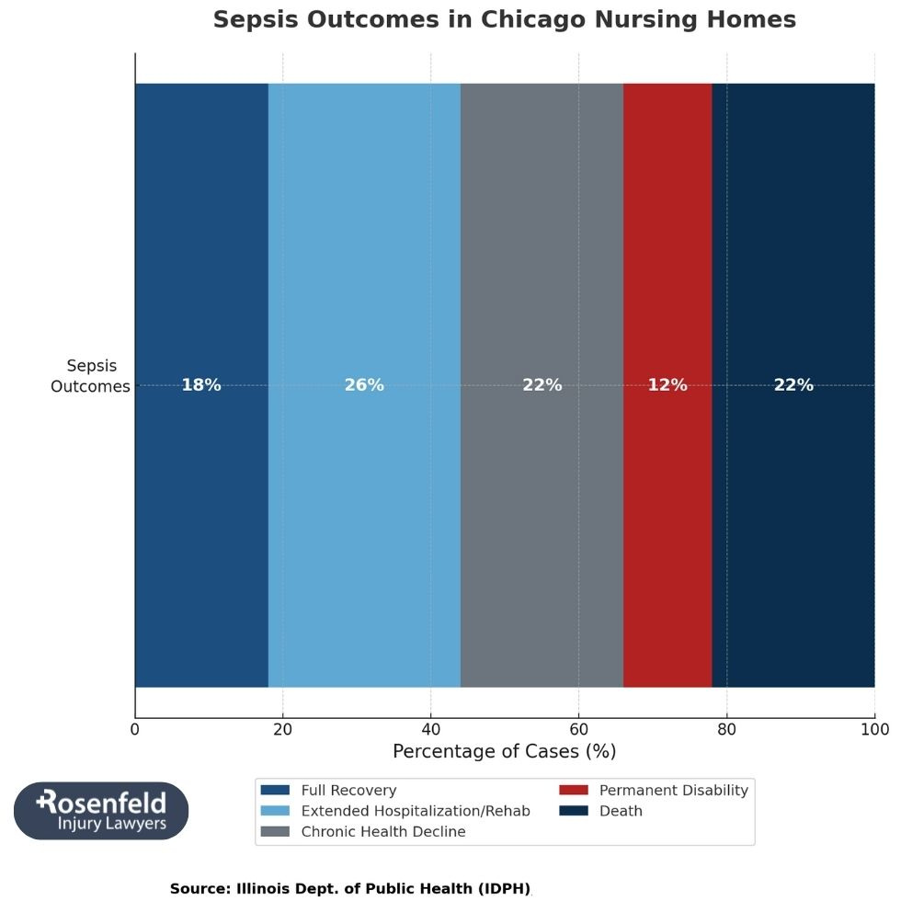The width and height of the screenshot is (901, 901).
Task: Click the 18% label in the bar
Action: pos(200,385)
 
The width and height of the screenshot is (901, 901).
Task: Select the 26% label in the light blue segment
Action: pos(364,385)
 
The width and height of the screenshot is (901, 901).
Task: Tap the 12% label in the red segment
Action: pos(667,385)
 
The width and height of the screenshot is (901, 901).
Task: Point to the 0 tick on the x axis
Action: pos(135,730)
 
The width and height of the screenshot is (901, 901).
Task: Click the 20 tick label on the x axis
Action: pos(283,730)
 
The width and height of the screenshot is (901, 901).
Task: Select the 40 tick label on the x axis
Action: pos(430,730)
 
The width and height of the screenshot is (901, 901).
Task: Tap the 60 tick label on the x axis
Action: pos(578,730)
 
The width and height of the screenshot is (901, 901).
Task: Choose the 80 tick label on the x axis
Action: pos(726,730)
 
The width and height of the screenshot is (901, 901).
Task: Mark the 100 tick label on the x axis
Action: pos(874,730)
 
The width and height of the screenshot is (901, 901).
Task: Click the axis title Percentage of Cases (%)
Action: pos(504,752)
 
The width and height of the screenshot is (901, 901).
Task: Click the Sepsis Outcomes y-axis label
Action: pos(91,376)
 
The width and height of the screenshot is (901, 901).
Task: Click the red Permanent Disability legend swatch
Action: pos(574,791)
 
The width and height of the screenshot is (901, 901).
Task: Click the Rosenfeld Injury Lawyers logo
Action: pos(101,811)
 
